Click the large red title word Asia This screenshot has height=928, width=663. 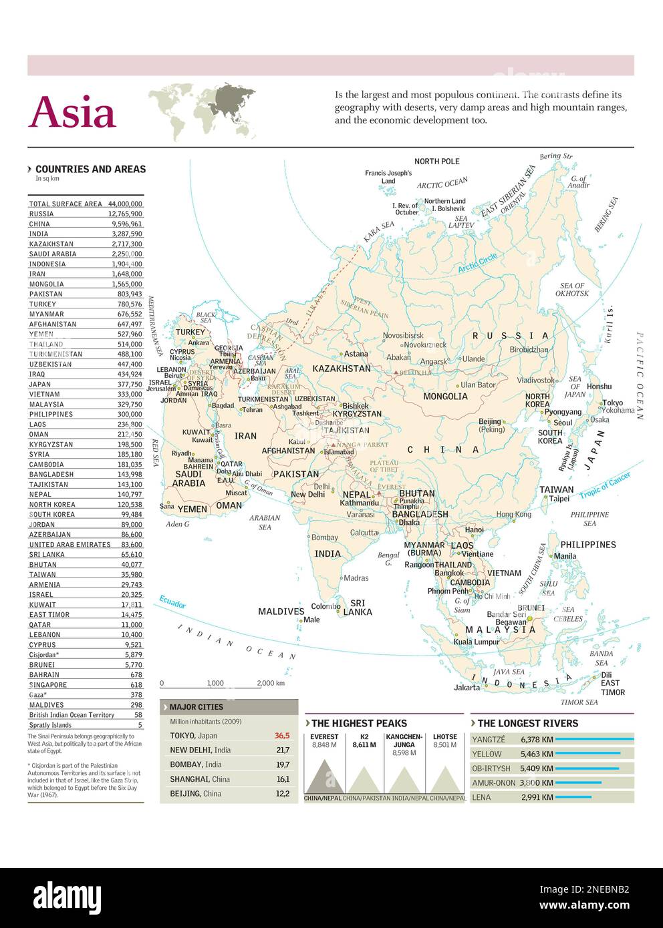pos(73,111)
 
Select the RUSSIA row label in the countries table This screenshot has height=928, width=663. pos(41,214)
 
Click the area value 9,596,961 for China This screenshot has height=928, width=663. pos(127,224)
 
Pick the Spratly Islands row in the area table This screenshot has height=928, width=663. pos(50,725)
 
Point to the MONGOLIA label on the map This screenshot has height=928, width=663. pos(445,397)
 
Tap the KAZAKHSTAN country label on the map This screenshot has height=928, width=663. pos(341,369)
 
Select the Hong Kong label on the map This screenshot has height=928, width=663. pos(513,514)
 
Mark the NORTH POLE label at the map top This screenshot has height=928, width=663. pos(436,162)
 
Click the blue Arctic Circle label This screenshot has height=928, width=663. pos(477,263)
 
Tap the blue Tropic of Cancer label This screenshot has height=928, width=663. pos(604,485)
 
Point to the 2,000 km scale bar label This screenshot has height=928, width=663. pos(271,683)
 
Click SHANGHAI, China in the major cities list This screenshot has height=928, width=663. pos(200,779)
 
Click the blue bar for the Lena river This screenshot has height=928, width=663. pos(573,797)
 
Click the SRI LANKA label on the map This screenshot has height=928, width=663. pos(358,608)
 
